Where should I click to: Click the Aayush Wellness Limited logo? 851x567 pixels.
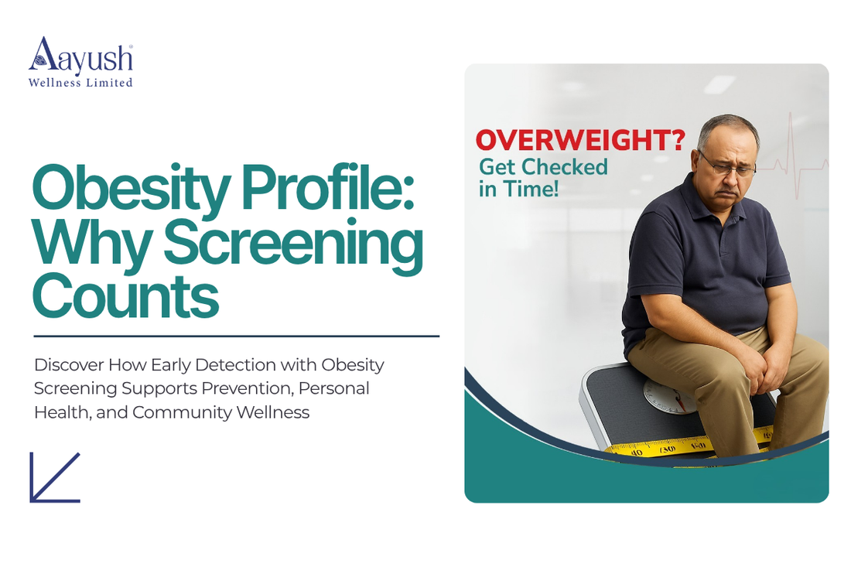pos(80,63)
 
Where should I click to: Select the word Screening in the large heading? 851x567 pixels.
pos(293,244)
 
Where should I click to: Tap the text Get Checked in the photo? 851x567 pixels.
pos(543,166)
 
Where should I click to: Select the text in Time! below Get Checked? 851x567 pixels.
pos(518,189)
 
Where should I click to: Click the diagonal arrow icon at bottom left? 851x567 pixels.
pos(55,477)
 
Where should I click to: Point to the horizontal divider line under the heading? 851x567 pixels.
pos(236,336)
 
